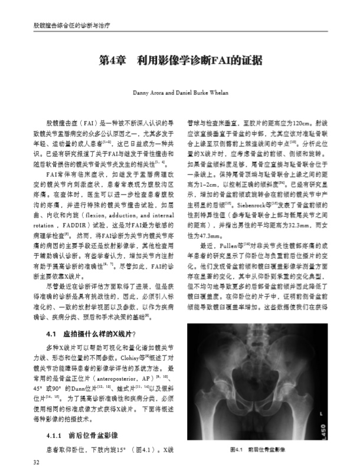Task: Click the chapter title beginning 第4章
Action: (180, 61)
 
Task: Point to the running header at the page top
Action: (63, 25)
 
